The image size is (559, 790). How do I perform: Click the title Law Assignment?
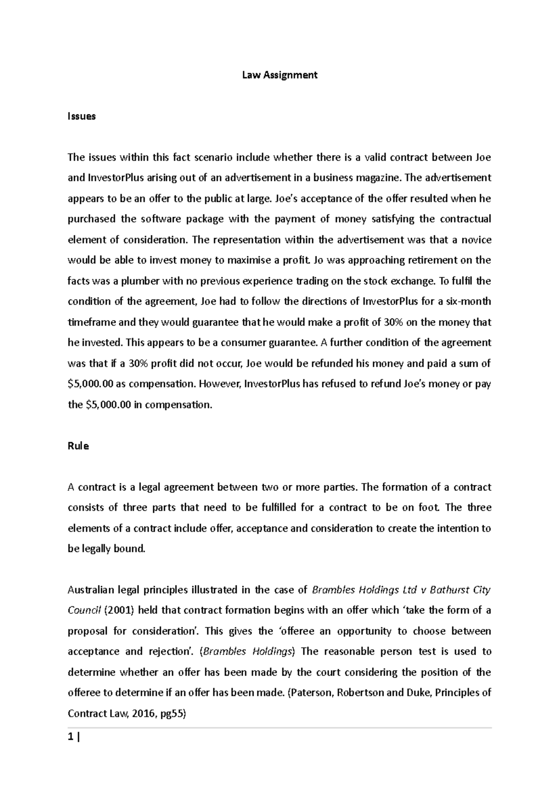point(279,75)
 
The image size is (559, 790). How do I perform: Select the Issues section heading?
point(82,116)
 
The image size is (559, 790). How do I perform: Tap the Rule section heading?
point(78,446)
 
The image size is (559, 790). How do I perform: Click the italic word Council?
point(83,610)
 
